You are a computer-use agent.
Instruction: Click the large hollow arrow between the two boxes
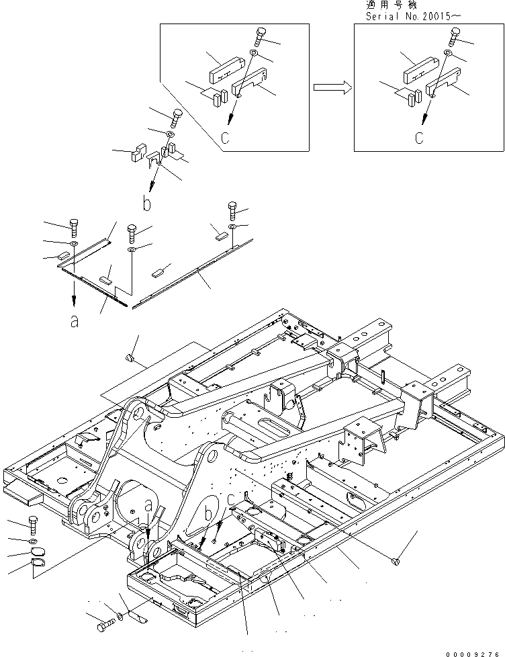click(x=332, y=87)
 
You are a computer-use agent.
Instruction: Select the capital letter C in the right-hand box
click(x=418, y=139)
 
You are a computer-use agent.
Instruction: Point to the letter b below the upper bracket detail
click(x=146, y=202)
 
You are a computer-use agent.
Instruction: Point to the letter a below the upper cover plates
click(x=74, y=321)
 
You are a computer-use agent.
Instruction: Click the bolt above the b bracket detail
click(x=177, y=119)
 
